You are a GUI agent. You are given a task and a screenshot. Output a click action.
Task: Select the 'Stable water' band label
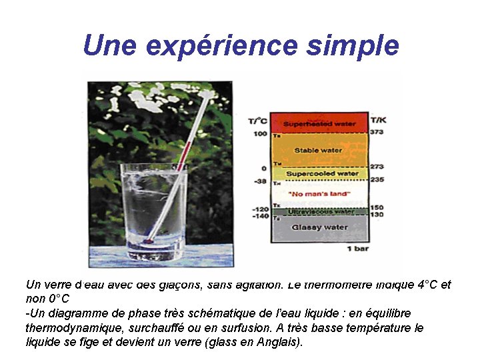pos(318,150)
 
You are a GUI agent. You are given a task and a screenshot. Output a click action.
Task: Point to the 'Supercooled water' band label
pos(322,173)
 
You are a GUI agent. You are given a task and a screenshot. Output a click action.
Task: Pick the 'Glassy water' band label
pos(319,227)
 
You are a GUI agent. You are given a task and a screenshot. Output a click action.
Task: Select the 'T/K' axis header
pos(378,120)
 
